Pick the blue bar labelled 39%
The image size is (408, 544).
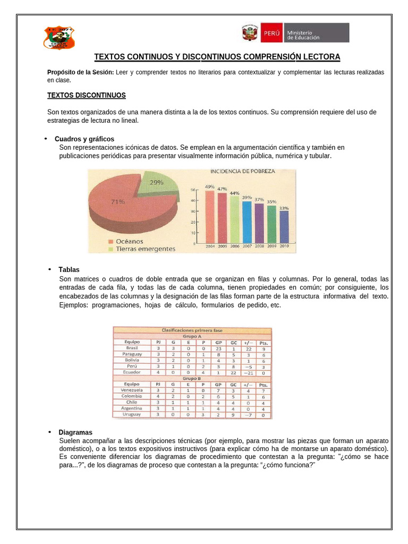point(246,223)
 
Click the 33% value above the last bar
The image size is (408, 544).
point(284,208)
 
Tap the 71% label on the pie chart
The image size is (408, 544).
point(118,201)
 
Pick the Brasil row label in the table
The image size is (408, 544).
point(132,348)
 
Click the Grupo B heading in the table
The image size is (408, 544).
point(192,378)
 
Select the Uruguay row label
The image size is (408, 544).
point(132,414)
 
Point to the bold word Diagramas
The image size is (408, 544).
point(75,432)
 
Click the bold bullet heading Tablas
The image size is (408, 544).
point(69,270)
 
